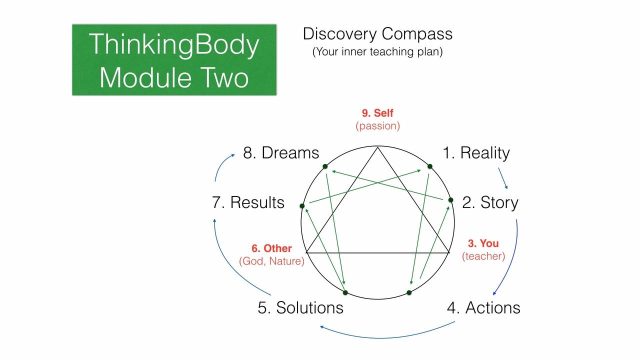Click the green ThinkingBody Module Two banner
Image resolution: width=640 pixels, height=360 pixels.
pos(174,59)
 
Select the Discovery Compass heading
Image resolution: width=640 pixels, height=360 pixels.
pos(377,34)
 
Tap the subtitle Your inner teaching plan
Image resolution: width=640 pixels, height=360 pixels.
pos(377,51)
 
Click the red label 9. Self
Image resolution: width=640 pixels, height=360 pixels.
pos(377,113)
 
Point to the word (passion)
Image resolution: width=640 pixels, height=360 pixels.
pos(377,126)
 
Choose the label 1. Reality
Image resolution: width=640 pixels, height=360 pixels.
pos(476,153)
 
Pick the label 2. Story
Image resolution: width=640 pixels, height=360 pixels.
pos(490,202)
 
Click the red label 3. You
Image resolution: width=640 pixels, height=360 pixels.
pos(483,243)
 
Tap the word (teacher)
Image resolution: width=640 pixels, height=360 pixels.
pos(483,256)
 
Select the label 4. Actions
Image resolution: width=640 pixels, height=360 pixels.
pos(483,307)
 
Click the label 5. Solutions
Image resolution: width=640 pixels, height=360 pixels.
pos(300,307)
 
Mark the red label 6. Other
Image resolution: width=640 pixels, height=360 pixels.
pos(271,248)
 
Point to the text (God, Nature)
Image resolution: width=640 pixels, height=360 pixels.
pos(271,261)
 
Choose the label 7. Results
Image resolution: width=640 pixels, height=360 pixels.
pos(248,202)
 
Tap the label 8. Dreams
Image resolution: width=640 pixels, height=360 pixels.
pos(281,153)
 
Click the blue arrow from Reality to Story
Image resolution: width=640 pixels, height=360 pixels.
pos(503,178)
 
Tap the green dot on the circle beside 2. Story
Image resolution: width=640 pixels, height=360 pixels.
pos(450,200)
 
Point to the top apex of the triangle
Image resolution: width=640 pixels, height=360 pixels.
pos(377,147)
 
